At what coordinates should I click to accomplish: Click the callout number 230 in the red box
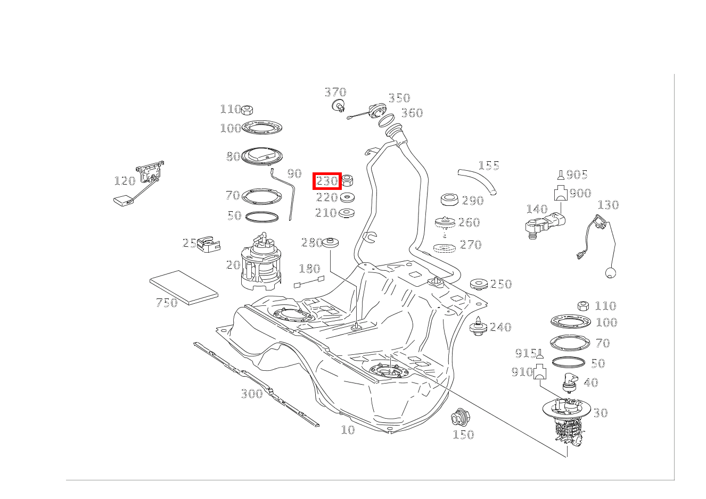[x=326, y=181]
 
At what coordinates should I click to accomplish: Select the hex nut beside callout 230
[x=348, y=180]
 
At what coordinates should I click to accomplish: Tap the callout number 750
[x=166, y=303]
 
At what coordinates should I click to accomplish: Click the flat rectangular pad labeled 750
[x=184, y=287]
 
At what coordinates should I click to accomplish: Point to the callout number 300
[x=252, y=394]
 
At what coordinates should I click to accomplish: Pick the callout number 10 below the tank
[x=348, y=430]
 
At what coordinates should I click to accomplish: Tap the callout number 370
[x=335, y=93]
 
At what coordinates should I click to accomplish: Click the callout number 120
[x=125, y=181]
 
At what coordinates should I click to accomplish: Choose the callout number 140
[x=537, y=209]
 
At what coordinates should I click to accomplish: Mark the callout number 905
[x=577, y=174]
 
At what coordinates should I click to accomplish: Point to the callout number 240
[x=500, y=327]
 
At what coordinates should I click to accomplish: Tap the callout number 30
[x=600, y=413]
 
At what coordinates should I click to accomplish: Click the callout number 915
[x=525, y=353]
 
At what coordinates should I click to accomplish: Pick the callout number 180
[x=309, y=269]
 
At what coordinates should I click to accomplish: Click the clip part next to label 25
[x=209, y=244]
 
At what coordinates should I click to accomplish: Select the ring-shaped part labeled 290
[x=450, y=200]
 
